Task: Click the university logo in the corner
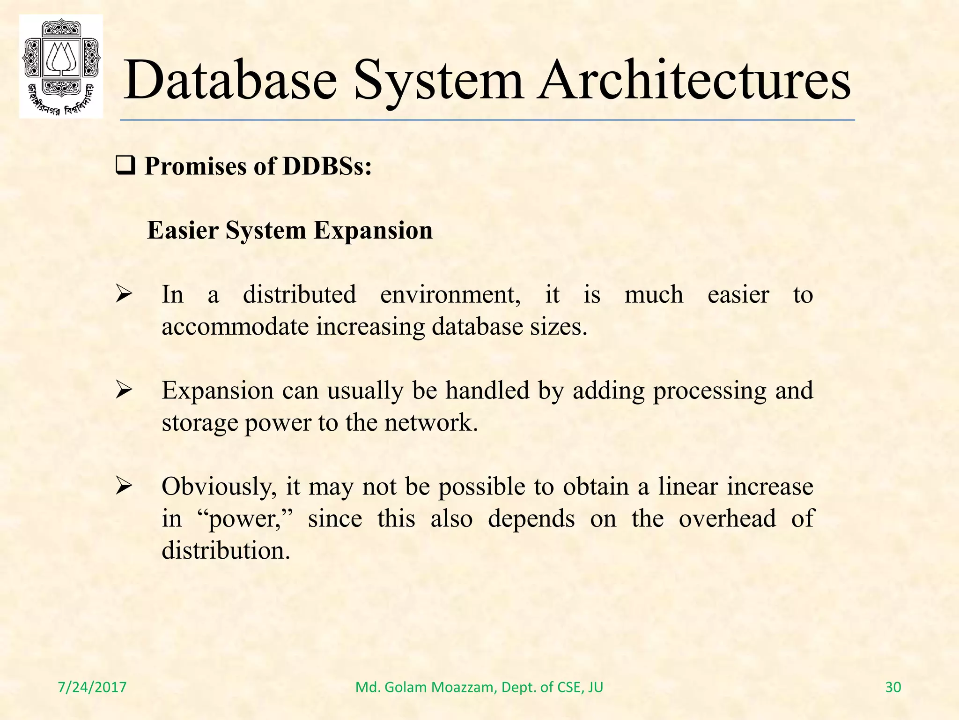click(x=61, y=66)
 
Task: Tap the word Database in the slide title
click(x=230, y=81)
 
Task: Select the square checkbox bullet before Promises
click(x=125, y=166)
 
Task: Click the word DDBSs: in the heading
click(x=327, y=166)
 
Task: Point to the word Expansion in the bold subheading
click(x=373, y=231)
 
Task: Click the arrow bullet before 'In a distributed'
click(x=125, y=295)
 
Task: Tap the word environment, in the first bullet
click(x=450, y=295)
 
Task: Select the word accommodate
click(x=235, y=327)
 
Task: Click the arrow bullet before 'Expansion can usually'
click(x=125, y=390)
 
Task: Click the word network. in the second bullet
click(x=431, y=423)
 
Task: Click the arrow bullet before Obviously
click(x=125, y=486)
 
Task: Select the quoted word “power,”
click(x=249, y=519)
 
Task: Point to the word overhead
click(x=727, y=518)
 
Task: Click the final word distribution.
click(x=226, y=550)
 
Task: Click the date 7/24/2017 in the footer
click(x=92, y=687)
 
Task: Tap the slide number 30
click(x=893, y=687)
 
